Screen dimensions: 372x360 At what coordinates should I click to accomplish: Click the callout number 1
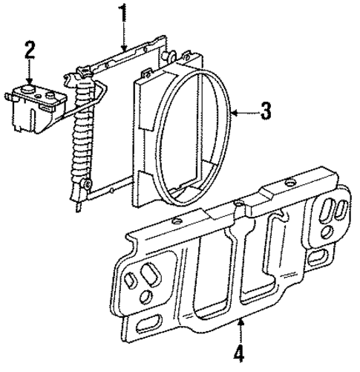124,13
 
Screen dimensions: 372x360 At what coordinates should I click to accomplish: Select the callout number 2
29,50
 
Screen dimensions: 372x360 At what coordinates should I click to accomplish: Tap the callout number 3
267,111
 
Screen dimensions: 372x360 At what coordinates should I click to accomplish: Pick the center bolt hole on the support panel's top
238,203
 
